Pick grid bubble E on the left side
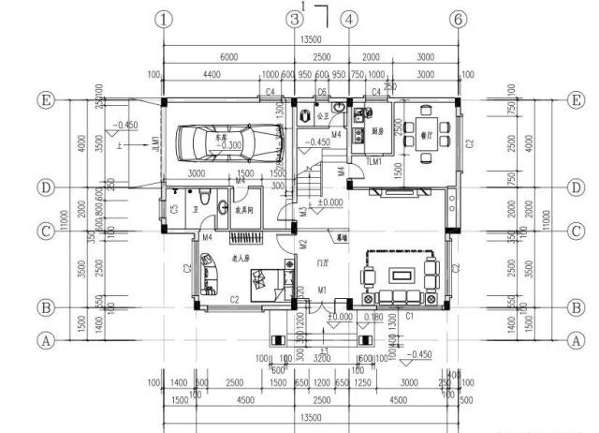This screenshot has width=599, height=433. pos(44,98)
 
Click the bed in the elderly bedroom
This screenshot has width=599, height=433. pos(271,279)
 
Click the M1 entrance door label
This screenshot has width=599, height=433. pos(322,290)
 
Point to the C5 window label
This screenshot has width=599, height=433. pos(174,208)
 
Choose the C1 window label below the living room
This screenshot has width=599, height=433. pos(408,316)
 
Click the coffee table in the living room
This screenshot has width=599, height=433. pos(402,275)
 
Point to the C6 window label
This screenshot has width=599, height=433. pos(321,91)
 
